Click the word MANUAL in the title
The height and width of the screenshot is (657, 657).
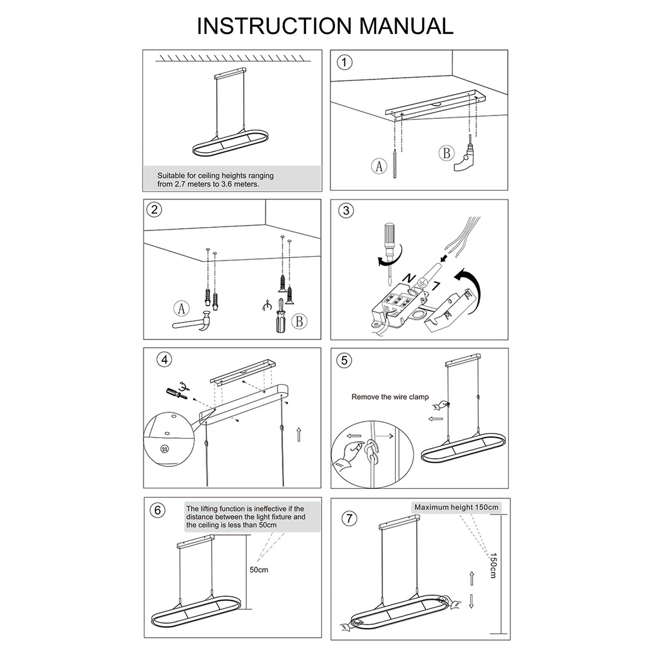click(406, 26)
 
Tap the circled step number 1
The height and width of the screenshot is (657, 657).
click(345, 62)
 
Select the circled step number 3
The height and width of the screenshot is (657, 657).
click(346, 210)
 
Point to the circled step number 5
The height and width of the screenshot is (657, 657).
click(345, 361)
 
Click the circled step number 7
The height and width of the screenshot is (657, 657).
click(350, 518)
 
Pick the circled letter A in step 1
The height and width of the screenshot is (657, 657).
click(379, 166)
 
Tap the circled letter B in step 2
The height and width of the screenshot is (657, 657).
click(299, 321)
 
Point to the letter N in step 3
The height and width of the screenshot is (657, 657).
click(408, 278)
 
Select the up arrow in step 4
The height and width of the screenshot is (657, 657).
click(298, 434)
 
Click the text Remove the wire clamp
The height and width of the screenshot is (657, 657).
click(390, 397)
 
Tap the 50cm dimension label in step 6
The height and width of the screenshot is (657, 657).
click(259, 570)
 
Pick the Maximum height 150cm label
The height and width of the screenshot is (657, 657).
click(456, 508)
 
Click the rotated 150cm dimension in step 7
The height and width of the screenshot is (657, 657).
click(493, 566)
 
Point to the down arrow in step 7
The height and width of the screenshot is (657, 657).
click(472, 601)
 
